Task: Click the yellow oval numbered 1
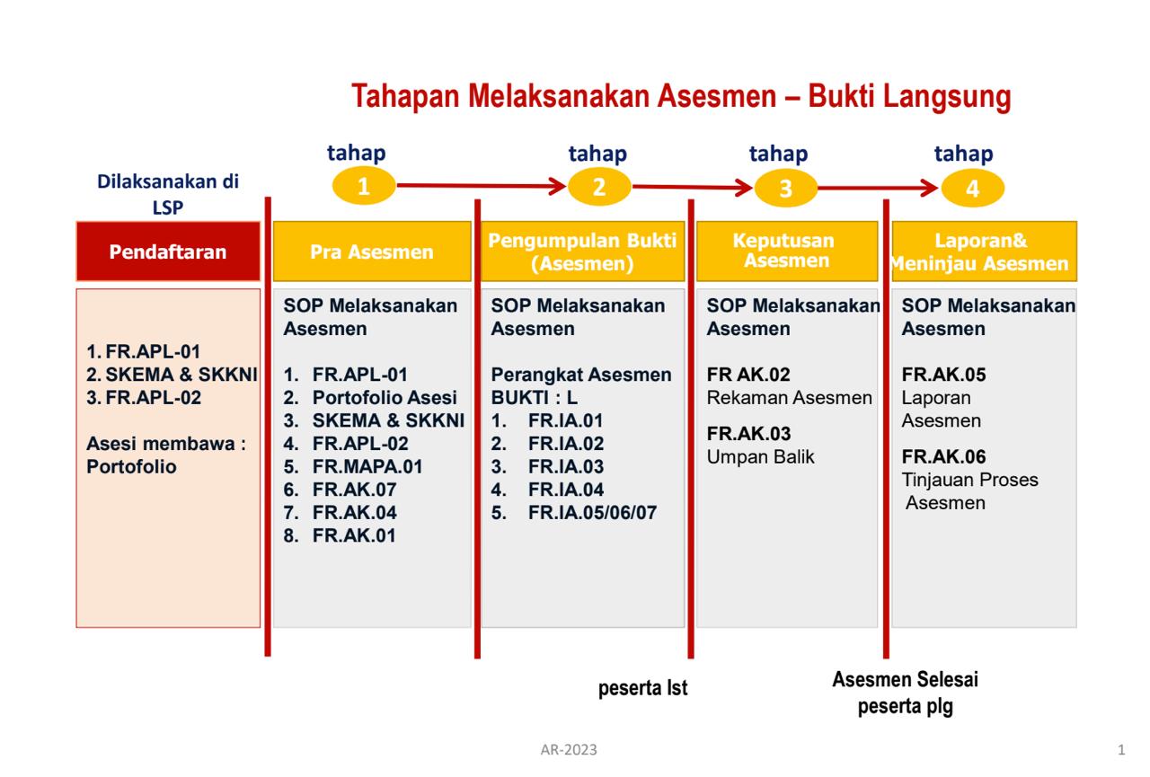[364, 186]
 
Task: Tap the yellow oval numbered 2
[599, 187]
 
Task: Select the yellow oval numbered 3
[785, 189]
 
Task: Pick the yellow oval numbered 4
[972, 189]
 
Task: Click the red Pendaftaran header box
[168, 252]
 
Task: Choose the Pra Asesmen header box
[372, 252]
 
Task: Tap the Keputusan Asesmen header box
[787, 252]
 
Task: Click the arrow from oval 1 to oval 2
[482, 186]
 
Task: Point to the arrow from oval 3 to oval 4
[878, 188]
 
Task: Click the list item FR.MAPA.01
[367, 466]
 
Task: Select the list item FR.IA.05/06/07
[592, 513]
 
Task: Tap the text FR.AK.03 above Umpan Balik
[748, 434]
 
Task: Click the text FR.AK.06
[943, 456]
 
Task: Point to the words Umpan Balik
[760, 456]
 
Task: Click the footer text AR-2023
[569, 750]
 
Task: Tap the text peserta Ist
[642, 688]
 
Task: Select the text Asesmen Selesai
[905, 679]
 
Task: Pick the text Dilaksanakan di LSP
[168, 195]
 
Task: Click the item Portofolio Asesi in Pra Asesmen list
[385, 398]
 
